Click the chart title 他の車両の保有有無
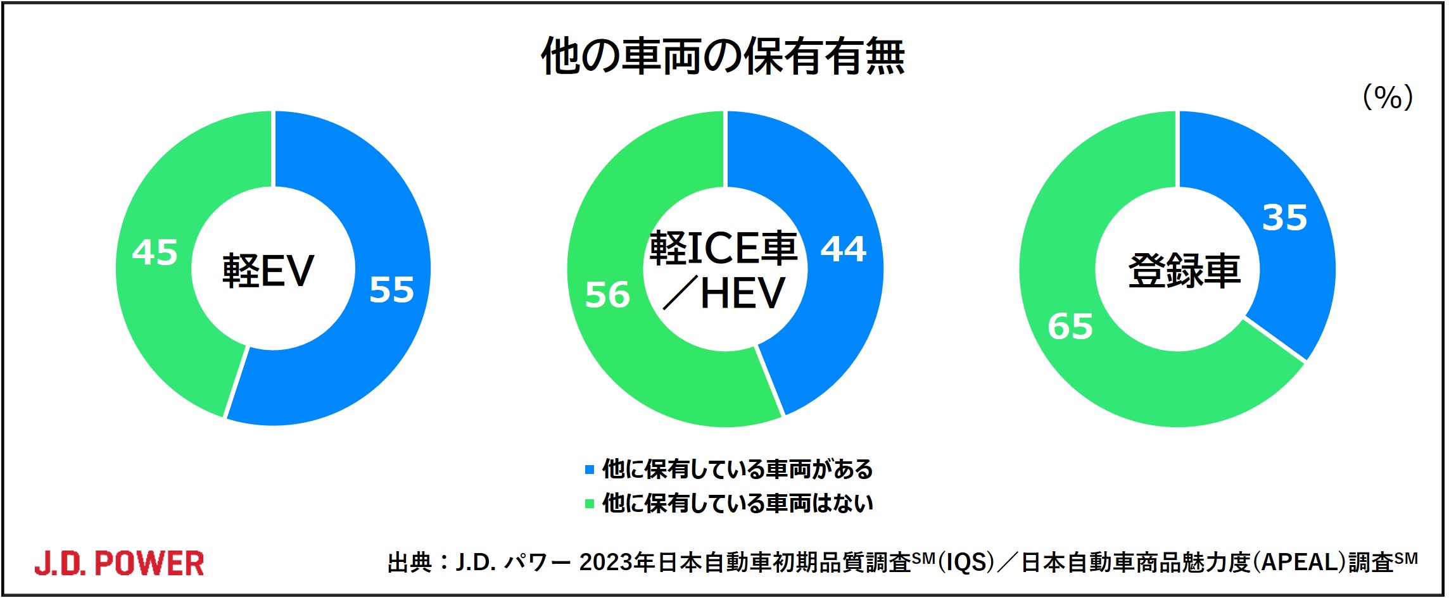point(723,56)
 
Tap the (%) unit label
point(1387,97)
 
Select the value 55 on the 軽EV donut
point(392,290)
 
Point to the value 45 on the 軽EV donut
point(155,252)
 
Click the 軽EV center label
point(268,271)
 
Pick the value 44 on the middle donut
point(844,249)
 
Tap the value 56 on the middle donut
point(607,295)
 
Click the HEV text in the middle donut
point(743,293)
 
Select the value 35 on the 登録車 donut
point(1285,217)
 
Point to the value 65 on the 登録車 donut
point(1070,327)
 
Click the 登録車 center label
point(1184,271)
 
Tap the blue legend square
point(590,470)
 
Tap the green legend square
point(590,504)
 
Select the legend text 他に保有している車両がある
point(738,470)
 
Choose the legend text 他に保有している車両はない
point(738,504)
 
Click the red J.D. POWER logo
point(119,563)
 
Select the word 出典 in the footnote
point(410,562)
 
